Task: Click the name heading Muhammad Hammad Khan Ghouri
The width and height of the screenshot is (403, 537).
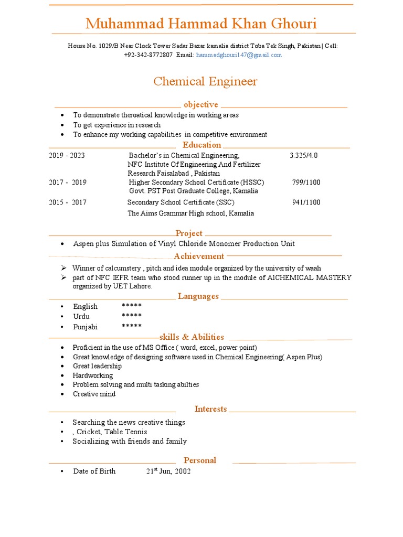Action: point(201,24)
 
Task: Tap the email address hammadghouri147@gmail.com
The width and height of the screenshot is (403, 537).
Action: point(239,55)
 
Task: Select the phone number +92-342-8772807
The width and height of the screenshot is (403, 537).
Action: point(149,55)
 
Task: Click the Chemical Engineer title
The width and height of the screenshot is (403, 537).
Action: point(205,81)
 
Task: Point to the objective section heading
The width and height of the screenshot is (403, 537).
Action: point(200,104)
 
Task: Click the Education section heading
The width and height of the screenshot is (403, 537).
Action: point(201,145)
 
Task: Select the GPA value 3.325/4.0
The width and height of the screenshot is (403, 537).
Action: point(303,155)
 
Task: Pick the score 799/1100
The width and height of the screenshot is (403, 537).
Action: point(306,182)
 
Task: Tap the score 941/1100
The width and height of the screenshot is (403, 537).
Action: point(306,202)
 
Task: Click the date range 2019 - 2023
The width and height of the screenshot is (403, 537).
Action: point(67,155)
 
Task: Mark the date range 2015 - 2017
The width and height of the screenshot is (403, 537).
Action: point(68,202)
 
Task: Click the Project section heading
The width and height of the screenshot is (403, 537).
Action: point(189,233)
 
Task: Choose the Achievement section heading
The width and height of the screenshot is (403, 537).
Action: point(199,256)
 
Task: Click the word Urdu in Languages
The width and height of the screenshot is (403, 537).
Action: point(81,316)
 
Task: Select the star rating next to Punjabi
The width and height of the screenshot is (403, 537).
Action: point(132,326)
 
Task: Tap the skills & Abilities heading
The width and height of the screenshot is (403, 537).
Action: point(192,337)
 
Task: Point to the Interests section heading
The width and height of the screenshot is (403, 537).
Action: point(210,409)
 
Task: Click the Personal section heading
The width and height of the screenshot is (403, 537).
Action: point(199,460)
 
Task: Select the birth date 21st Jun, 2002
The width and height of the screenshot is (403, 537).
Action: point(168,471)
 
